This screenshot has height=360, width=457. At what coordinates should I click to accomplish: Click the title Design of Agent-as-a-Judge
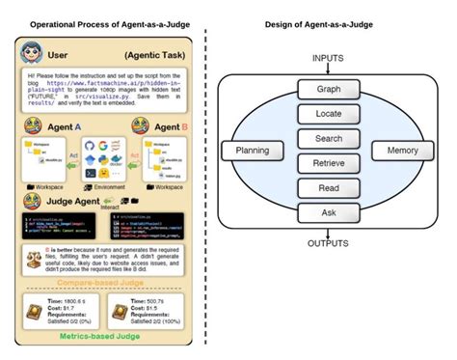coord(329,23)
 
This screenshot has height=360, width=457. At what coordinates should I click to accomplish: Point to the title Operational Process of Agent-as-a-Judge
coord(108,23)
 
